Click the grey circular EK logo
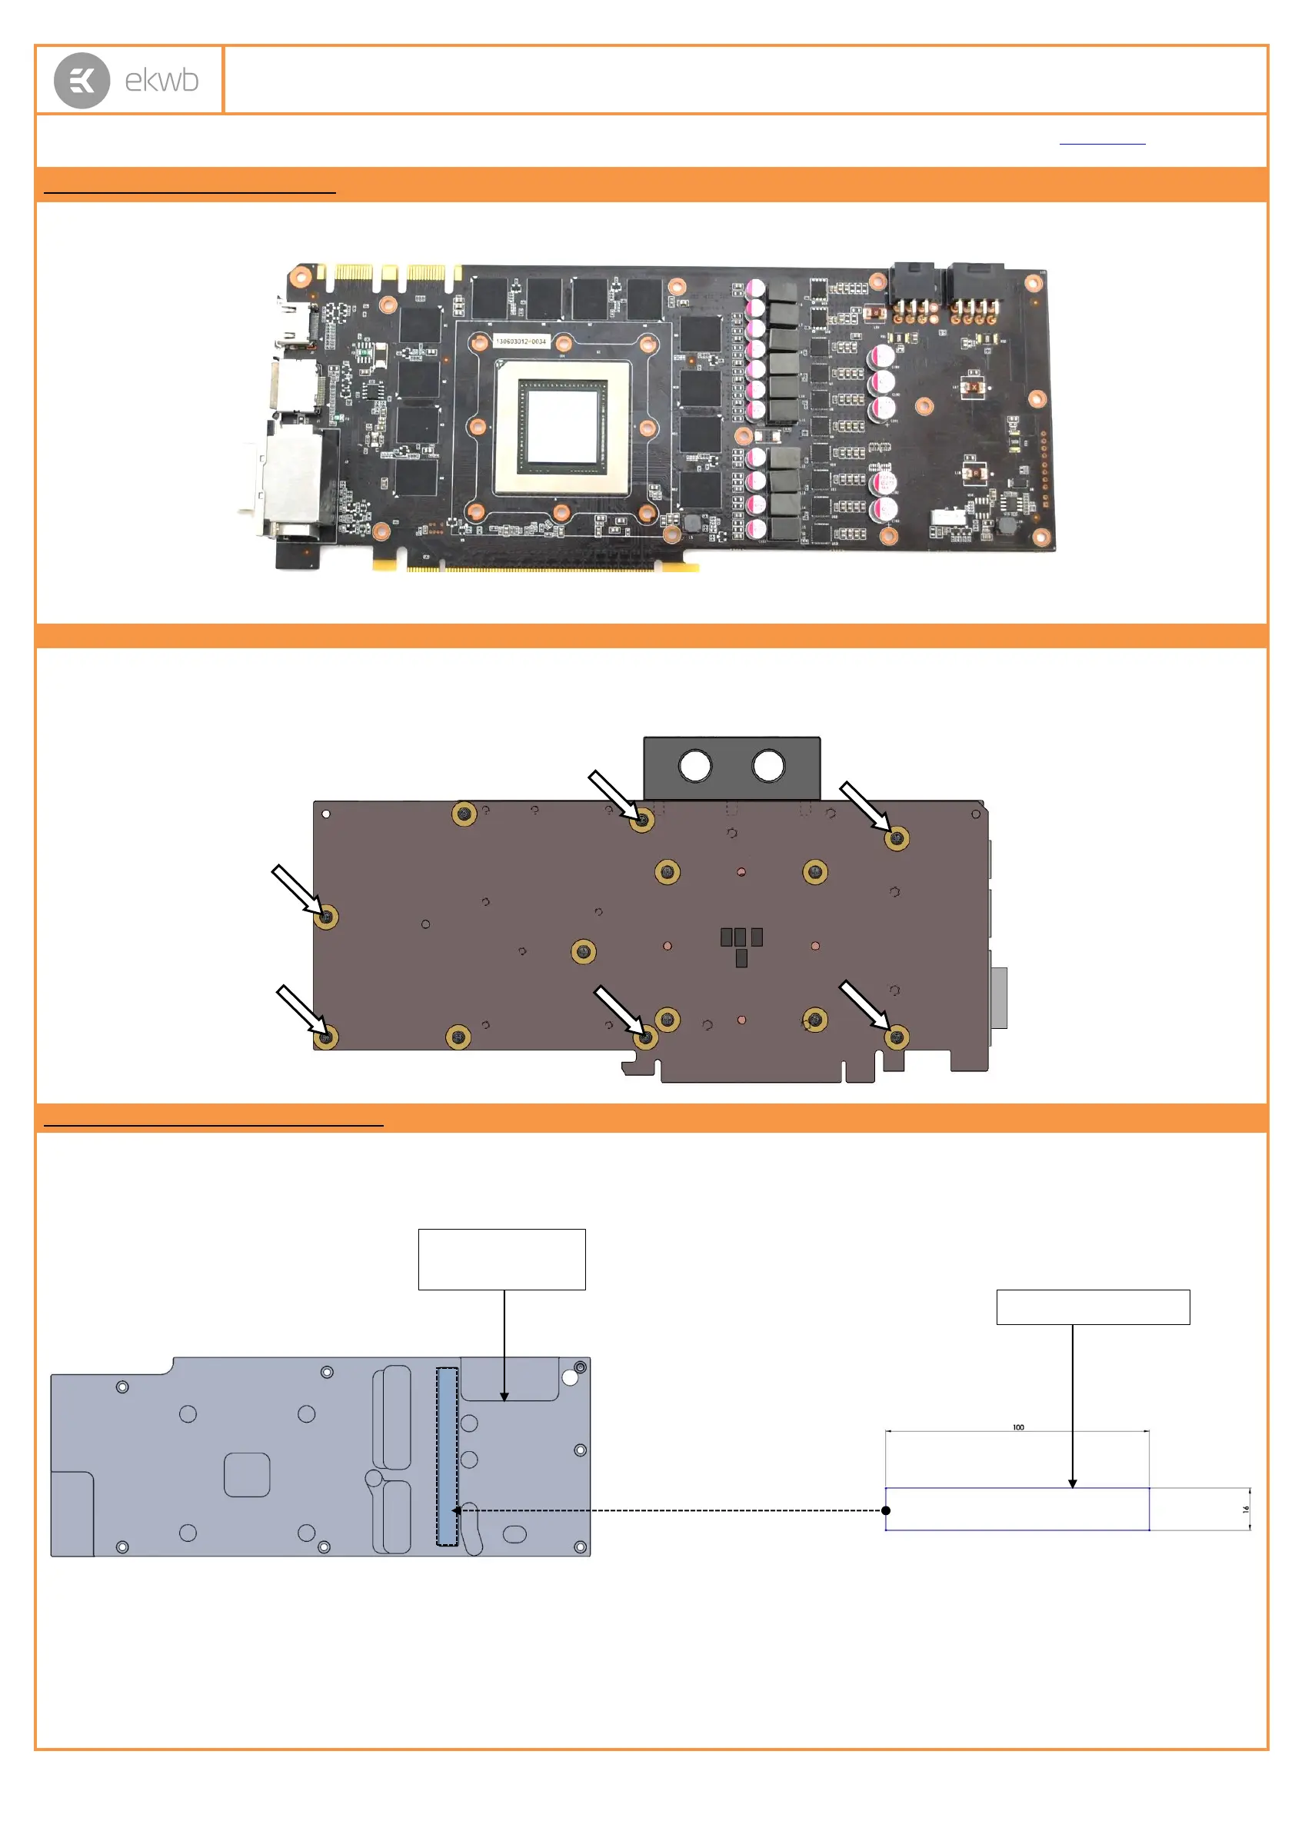click(x=82, y=81)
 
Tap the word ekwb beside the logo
click(x=161, y=81)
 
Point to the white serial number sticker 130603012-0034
click(x=521, y=341)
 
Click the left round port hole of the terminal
click(x=694, y=766)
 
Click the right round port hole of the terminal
click(x=769, y=766)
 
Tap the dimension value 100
click(x=1018, y=1427)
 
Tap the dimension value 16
click(x=1246, y=1510)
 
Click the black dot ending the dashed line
click(x=886, y=1510)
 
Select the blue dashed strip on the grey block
click(x=447, y=1456)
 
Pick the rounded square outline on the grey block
click(x=247, y=1474)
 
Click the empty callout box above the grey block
click(x=501, y=1259)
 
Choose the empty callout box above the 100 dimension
click(x=1093, y=1307)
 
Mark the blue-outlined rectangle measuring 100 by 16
click(x=1017, y=1509)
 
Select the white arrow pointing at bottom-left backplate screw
click(x=300, y=1009)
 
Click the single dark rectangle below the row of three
click(x=741, y=957)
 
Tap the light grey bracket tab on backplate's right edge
click(x=999, y=997)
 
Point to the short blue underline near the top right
click(x=1102, y=145)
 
